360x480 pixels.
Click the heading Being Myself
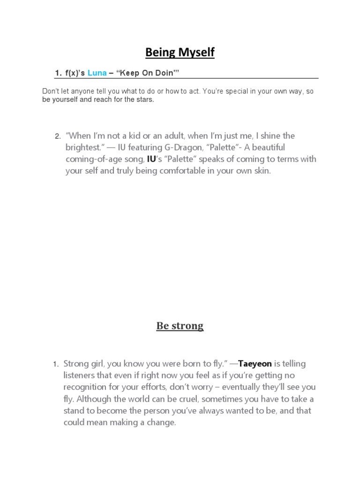(x=180, y=52)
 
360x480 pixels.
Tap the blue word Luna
(x=97, y=73)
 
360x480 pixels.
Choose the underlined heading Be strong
(x=180, y=326)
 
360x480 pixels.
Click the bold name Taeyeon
(x=255, y=364)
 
